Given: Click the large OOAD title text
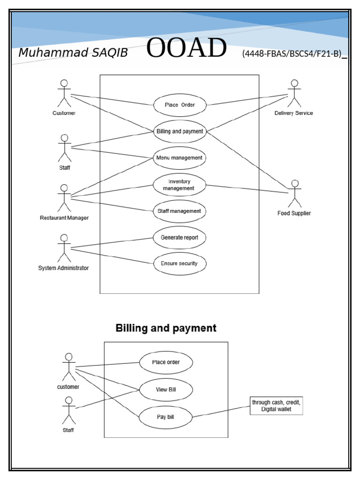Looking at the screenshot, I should (x=187, y=49).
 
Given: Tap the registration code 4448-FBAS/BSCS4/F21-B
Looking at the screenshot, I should (x=292, y=54).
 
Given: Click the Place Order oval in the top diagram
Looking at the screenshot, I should (x=180, y=105).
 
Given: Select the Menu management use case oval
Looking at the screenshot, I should (x=180, y=158).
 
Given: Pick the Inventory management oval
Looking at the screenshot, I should (x=180, y=185).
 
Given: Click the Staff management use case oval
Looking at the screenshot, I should (x=180, y=211).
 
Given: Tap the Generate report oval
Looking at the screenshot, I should (x=180, y=238).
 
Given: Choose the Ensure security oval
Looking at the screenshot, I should (x=180, y=263).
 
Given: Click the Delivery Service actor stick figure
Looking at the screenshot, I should (x=294, y=94).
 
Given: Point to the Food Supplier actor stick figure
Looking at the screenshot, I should (x=294, y=194).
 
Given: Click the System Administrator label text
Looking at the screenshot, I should (x=63, y=268).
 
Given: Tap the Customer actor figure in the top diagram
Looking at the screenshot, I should (x=64, y=94).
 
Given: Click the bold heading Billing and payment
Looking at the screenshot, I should (x=166, y=328).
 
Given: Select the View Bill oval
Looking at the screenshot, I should (x=166, y=390).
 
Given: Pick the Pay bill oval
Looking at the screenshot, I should (x=165, y=416).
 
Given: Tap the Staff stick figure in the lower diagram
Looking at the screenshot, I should (x=69, y=410).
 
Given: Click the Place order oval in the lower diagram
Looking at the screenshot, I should (x=166, y=362).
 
